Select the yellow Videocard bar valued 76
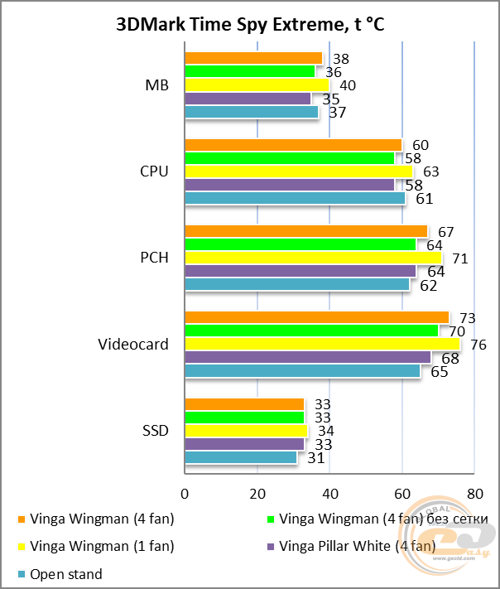322,344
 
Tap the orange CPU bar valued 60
293,145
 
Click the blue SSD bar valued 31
241,457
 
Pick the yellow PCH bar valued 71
313,258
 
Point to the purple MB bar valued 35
248,99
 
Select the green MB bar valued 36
249,71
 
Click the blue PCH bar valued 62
296,284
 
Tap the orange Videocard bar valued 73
316,317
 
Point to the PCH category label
154,258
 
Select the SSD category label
155,430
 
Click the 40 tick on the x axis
329,494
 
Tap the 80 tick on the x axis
474,494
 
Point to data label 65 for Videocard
440,372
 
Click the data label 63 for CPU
430,172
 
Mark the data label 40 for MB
348,85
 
